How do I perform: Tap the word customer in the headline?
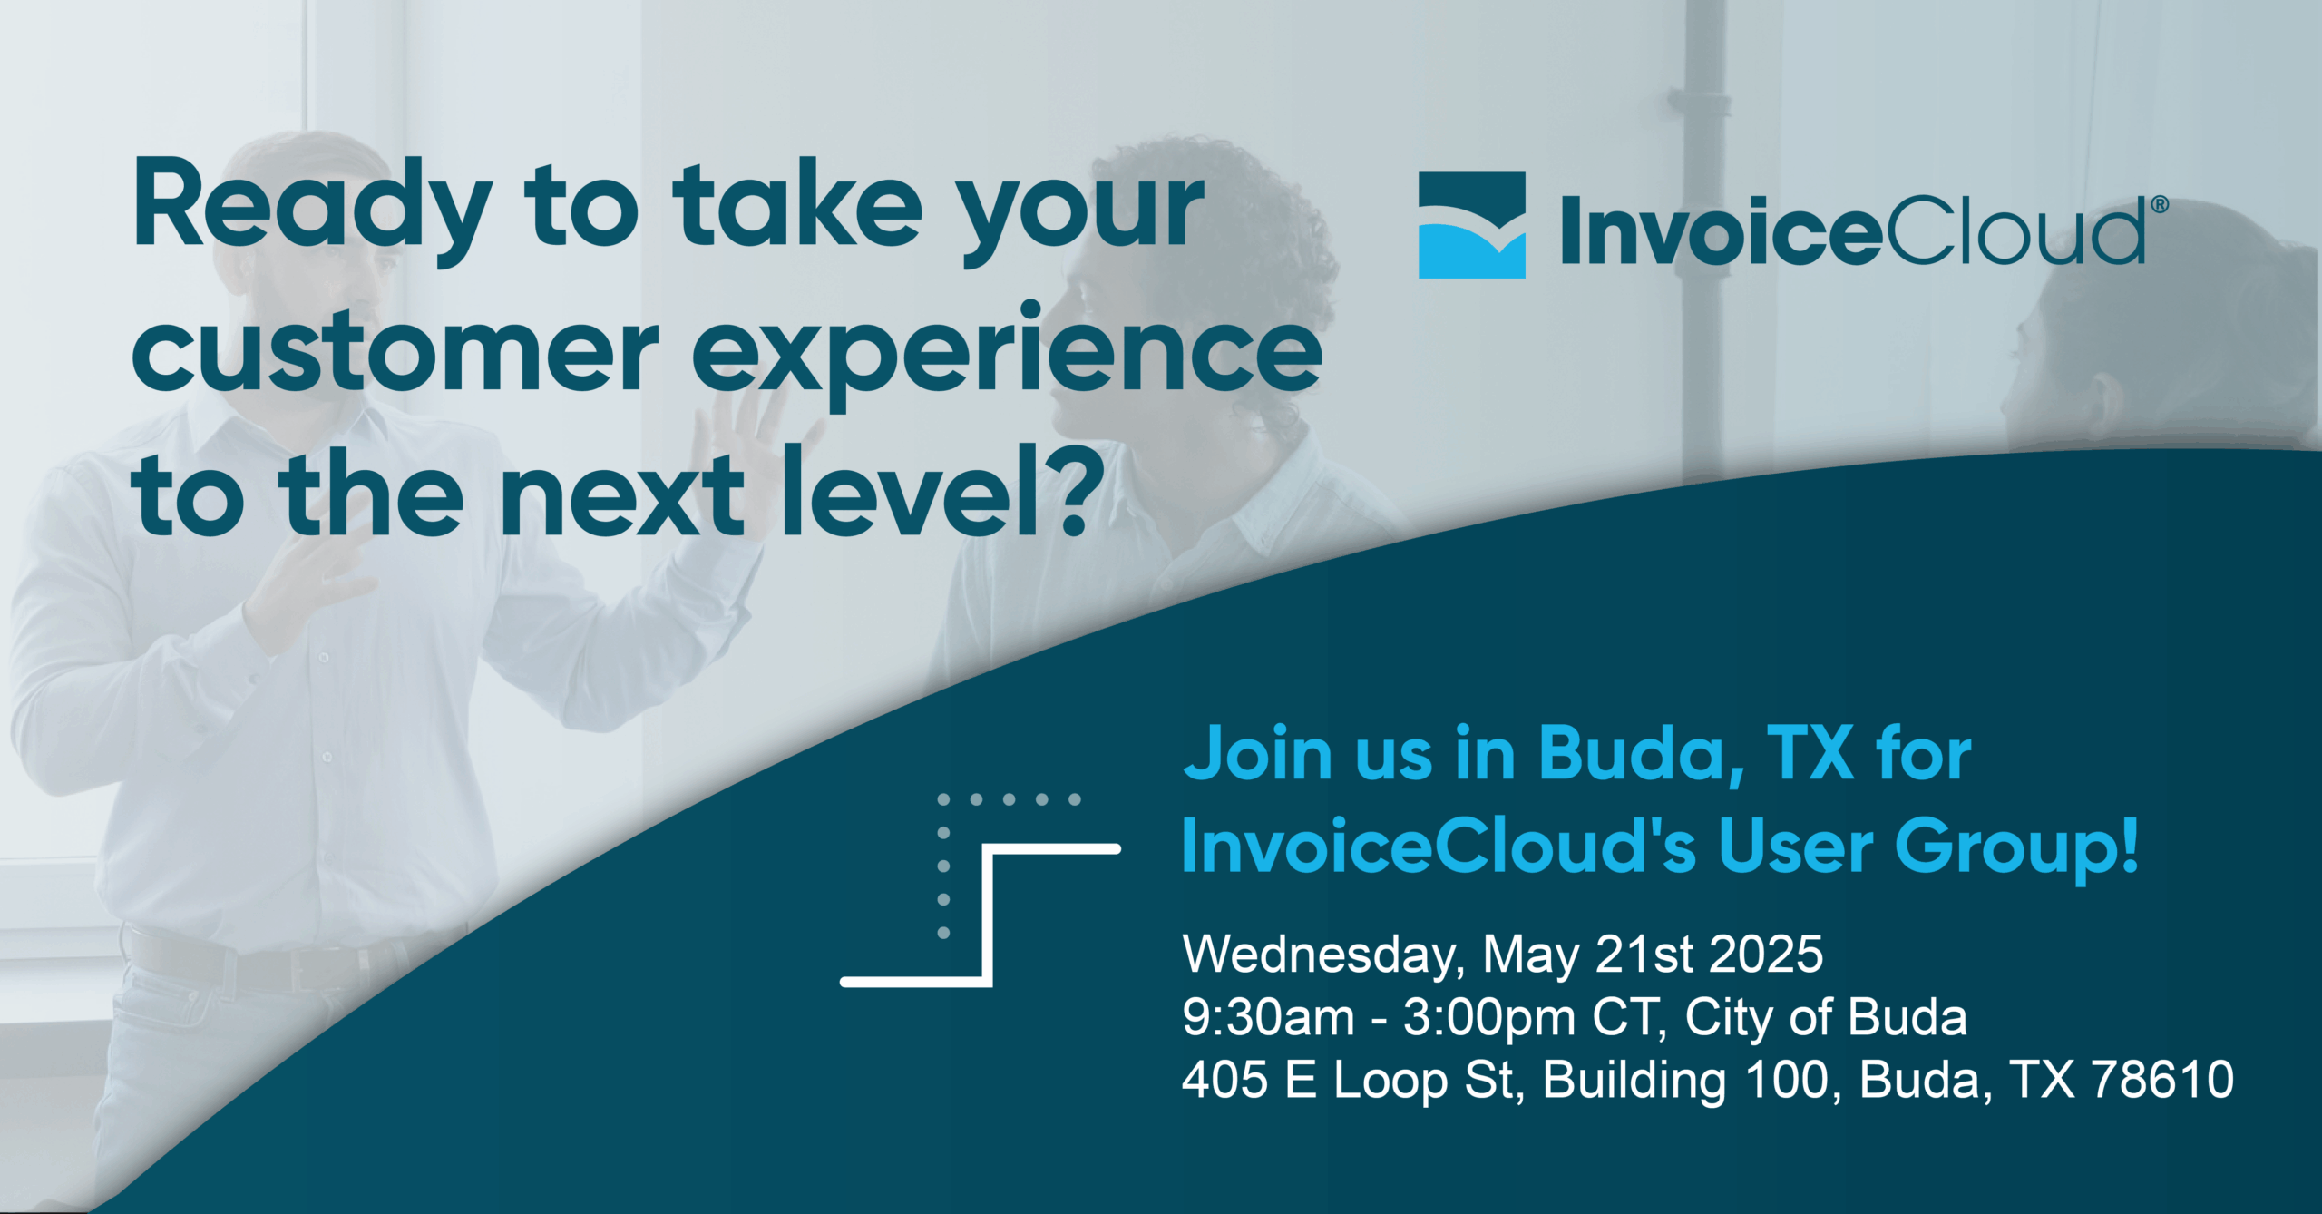[x=395, y=348]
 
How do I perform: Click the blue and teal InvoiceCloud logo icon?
[x=1471, y=225]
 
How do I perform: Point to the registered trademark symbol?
[x=2160, y=204]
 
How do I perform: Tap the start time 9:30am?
[x=1268, y=1018]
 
